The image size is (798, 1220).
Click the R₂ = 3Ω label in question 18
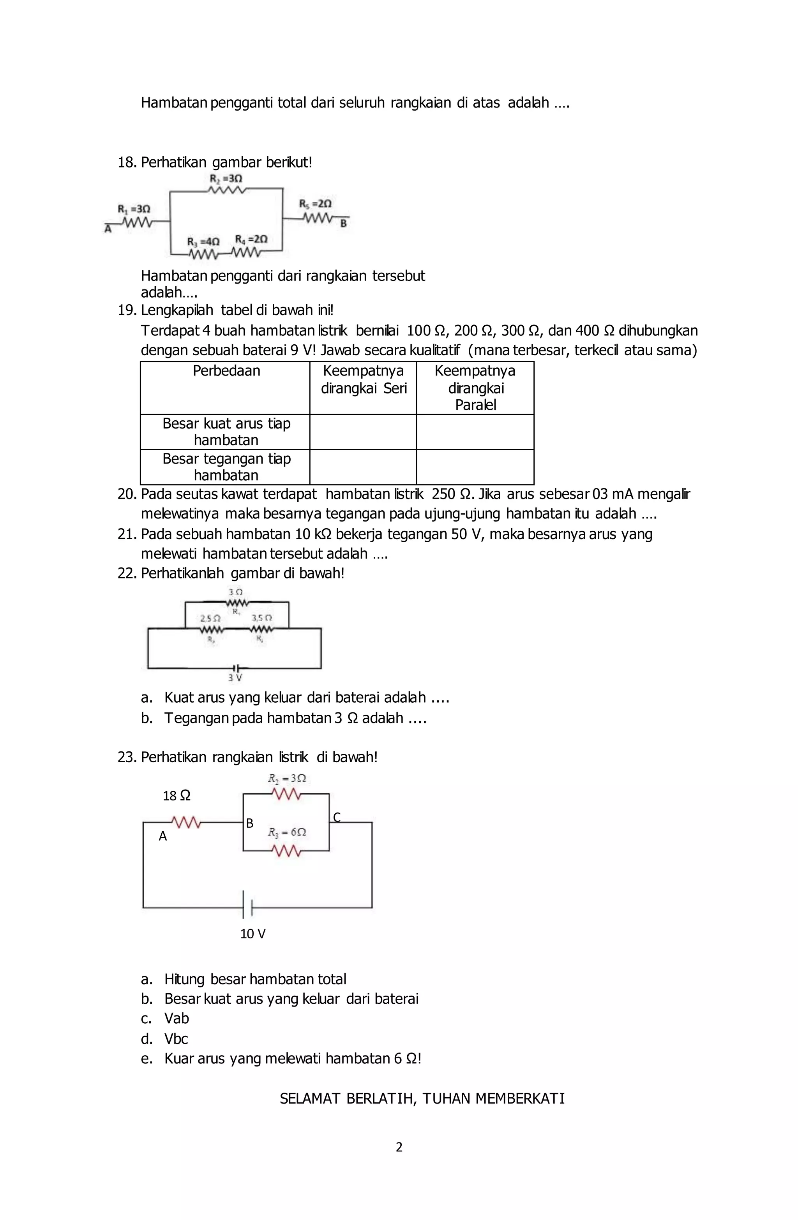click(226, 178)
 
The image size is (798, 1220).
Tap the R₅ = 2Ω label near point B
click(315, 203)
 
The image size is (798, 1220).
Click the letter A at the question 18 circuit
click(108, 229)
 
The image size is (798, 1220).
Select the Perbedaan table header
click(226, 370)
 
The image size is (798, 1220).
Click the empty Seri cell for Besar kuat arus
click(363, 432)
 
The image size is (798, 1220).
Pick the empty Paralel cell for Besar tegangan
click(475, 467)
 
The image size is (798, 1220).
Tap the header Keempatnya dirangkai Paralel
click(475, 388)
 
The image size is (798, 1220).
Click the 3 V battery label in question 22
click(235, 678)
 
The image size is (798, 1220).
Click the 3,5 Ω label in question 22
click(261, 618)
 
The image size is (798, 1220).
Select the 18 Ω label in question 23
click(177, 795)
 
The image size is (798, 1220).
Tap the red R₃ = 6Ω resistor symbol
click(286, 851)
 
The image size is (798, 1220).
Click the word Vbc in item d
click(176, 1038)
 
